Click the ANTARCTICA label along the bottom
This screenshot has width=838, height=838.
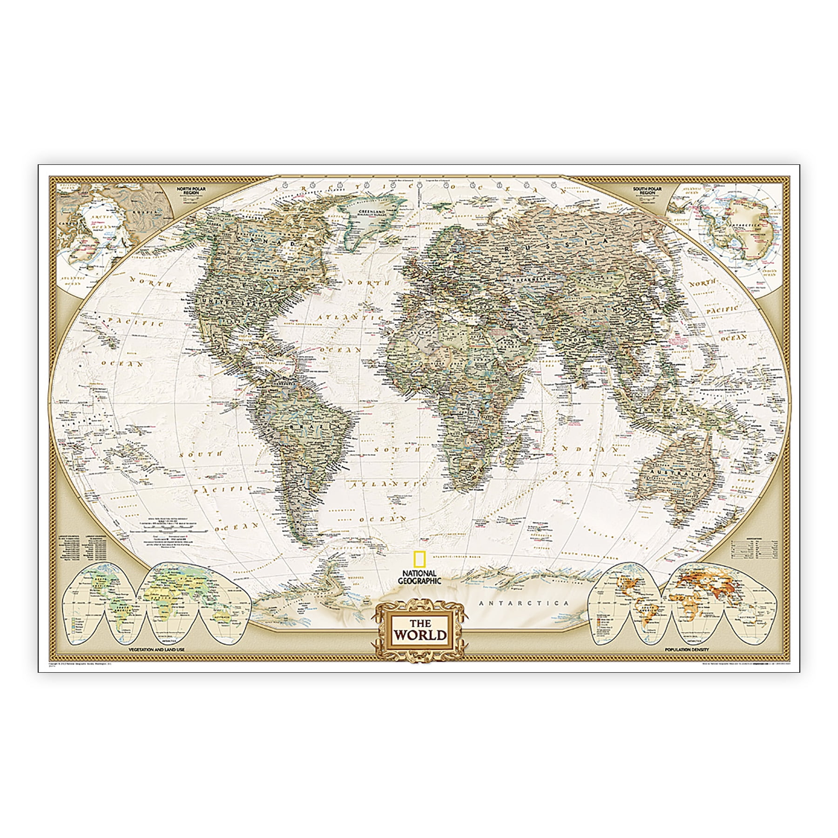[x=524, y=603]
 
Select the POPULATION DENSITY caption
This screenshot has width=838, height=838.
[x=686, y=649]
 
